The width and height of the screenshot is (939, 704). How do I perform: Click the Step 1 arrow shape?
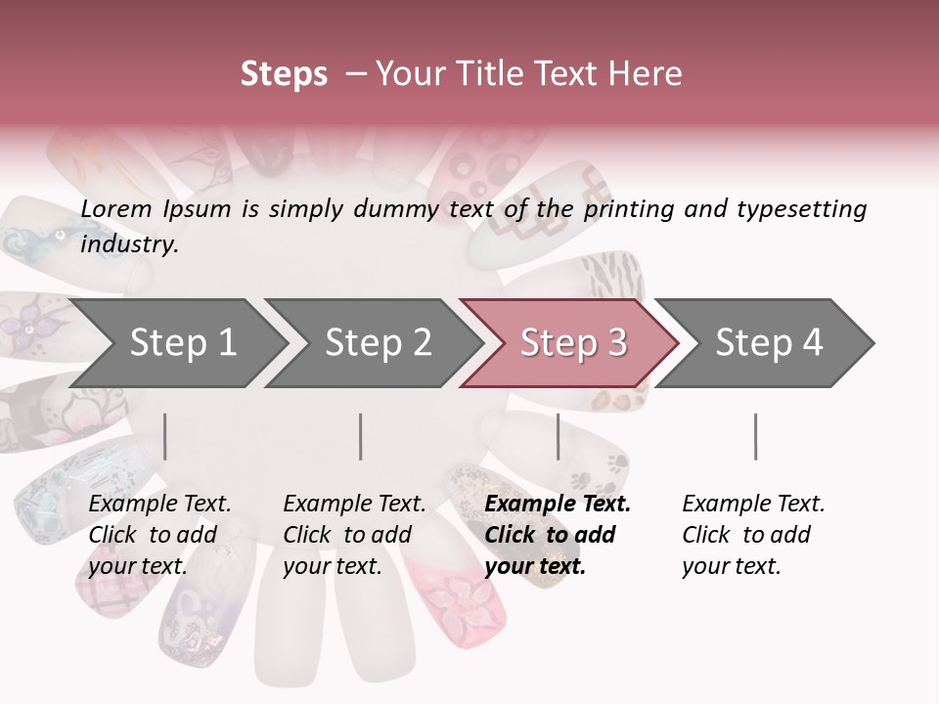pyautogui.click(x=181, y=343)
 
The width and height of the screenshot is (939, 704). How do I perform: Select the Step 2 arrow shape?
pyautogui.click(x=377, y=343)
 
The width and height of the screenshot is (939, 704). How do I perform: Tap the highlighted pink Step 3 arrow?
pyautogui.click(x=572, y=343)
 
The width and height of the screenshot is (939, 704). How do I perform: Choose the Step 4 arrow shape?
pyautogui.click(x=768, y=343)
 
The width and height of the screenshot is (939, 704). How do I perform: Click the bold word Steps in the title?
pyautogui.click(x=284, y=74)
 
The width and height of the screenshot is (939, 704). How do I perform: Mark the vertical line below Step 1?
pyautogui.click(x=165, y=436)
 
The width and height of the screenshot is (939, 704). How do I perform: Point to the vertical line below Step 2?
pyautogui.click(x=361, y=436)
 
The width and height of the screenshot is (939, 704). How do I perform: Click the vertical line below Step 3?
pyautogui.click(x=558, y=436)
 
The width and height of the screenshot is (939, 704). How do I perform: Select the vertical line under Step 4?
pyautogui.click(x=755, y=436)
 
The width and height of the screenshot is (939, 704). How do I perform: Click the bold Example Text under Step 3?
pyautogui.click(x=558, y=504)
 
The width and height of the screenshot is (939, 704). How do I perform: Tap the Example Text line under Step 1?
pyautogui.click(x=159, y=504)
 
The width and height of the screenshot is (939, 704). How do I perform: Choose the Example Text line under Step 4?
pyautogui.click(x=753, y=504)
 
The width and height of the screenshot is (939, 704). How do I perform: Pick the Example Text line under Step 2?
pyautogui.click(x=354, y=504)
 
